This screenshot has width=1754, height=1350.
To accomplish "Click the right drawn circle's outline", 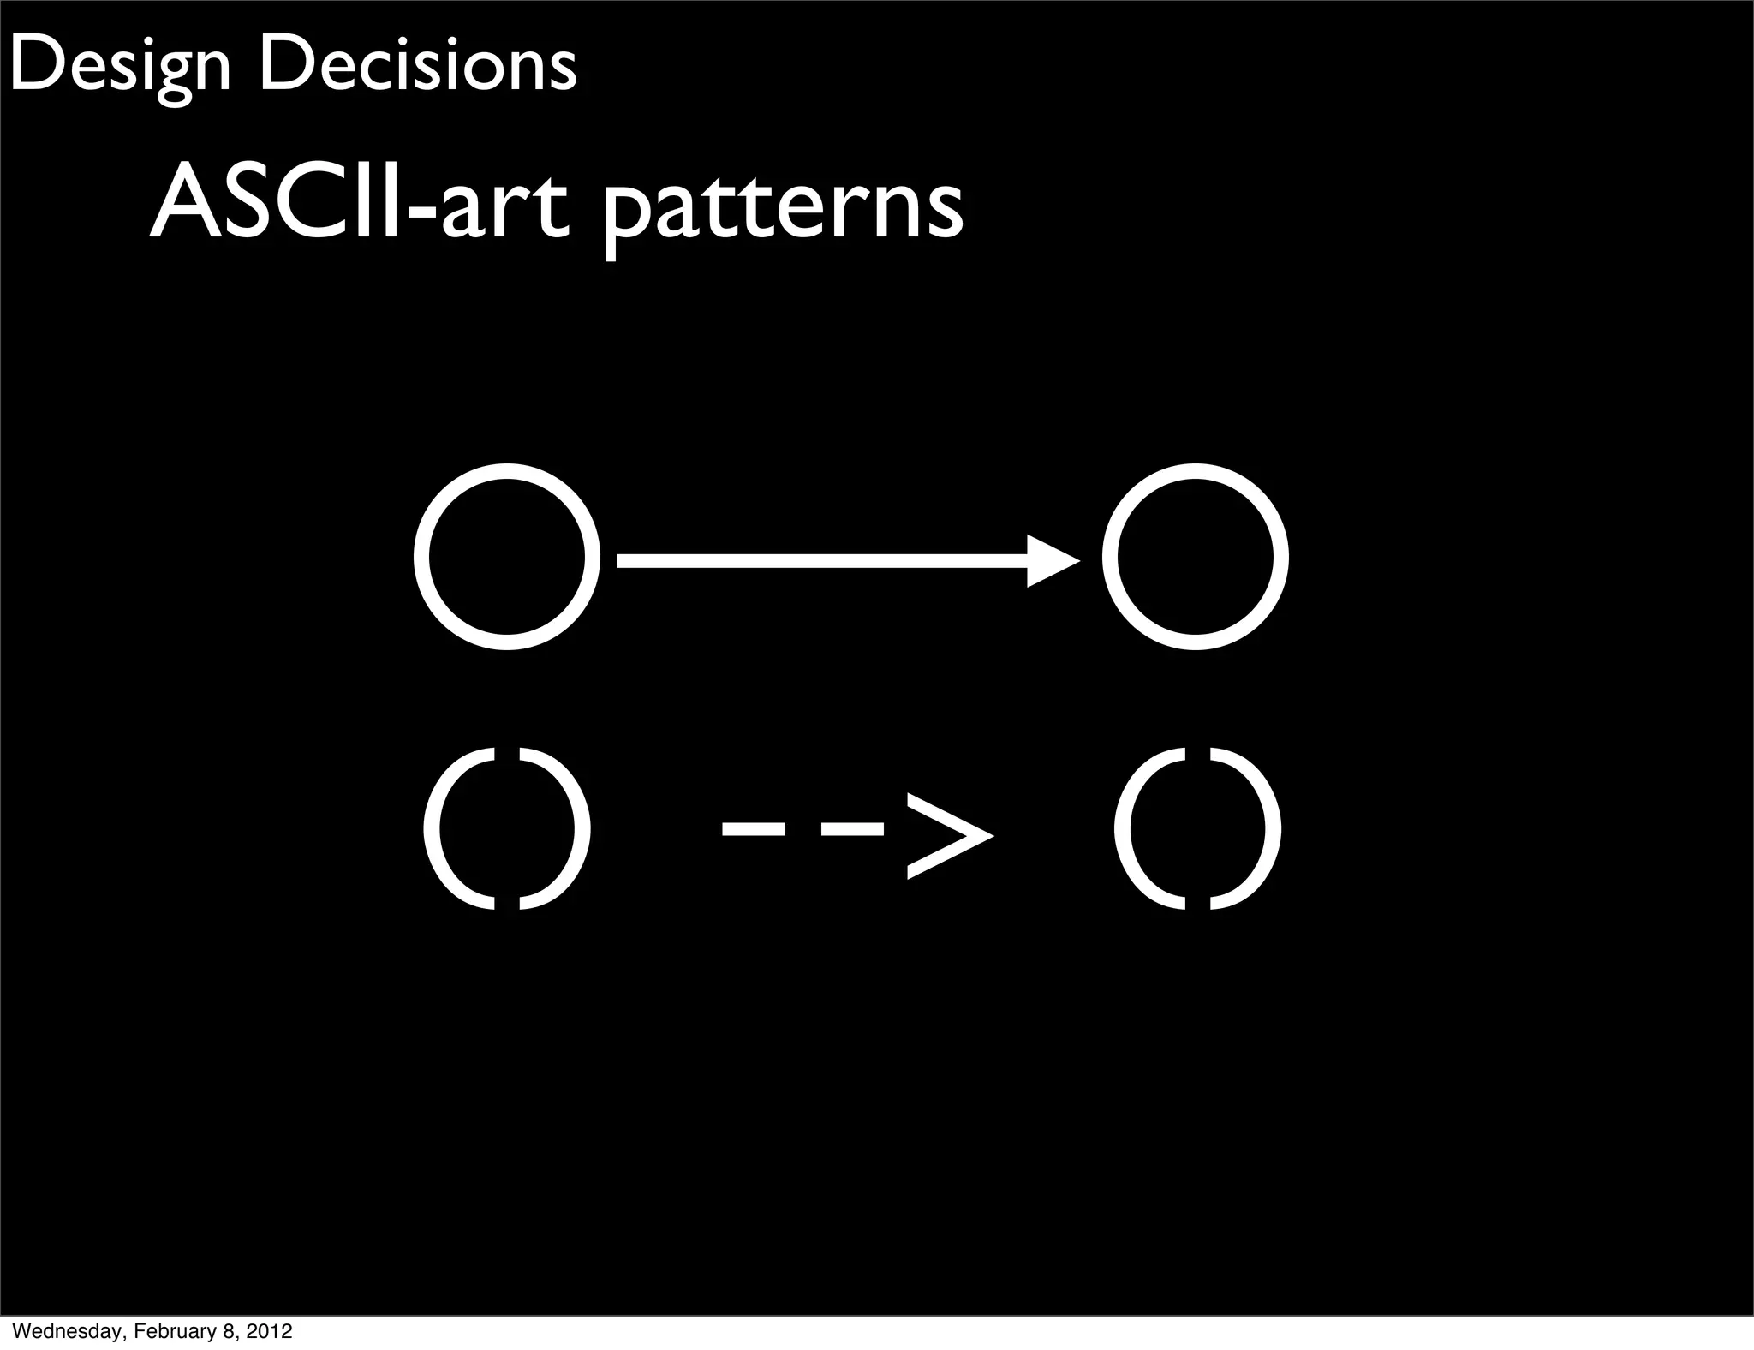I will click(x=1110, y=558).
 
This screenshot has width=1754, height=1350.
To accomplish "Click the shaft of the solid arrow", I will click(x=814, y=561).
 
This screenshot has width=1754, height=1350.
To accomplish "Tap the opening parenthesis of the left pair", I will click(x=454, y=828).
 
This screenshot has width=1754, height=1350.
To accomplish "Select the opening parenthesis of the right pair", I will click(x=1143, y=828).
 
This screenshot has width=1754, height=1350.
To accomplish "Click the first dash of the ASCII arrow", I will click(x=753, y=828).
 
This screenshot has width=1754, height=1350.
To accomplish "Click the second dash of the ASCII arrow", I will click(x=851, y=828).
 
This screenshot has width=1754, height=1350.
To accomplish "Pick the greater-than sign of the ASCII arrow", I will click(x=949, y=833).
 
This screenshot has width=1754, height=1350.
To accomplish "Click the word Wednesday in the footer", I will click(x=67, y=1331).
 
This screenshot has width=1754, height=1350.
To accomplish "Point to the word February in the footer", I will click(x=175, y=1331).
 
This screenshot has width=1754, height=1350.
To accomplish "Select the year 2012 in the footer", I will click(x=269, y=1331).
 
